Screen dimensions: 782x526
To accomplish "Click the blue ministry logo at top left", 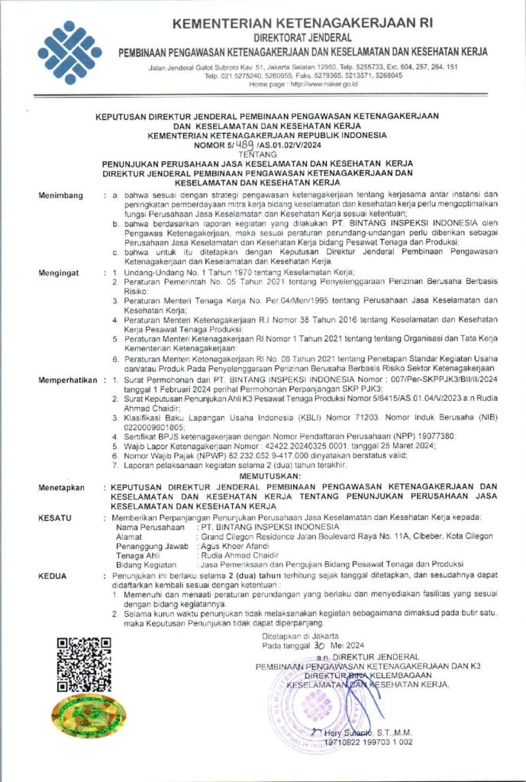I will tap(69, 52).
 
